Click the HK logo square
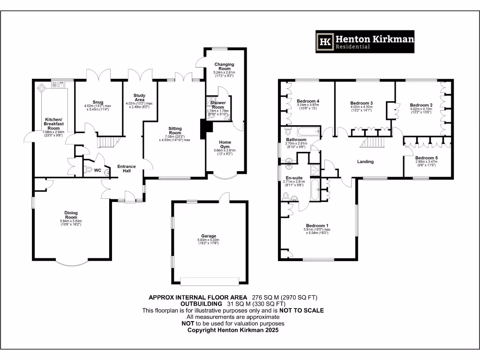[325, 42]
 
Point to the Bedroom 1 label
[317, 225]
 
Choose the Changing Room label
[224, 67]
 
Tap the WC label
[97, 170]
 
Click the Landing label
[365, 162]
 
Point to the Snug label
[97, 102]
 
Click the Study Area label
[139, 97]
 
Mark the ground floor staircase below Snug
[109, 141]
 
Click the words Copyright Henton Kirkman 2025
[233, 330]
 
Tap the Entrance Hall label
[126, 168]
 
